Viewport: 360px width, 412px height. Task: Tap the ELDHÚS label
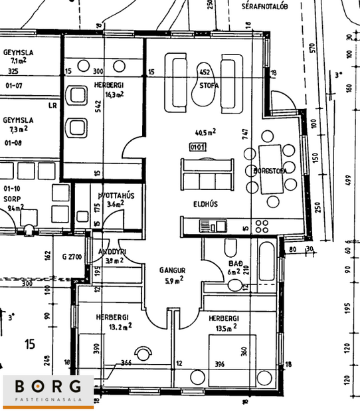click(206, 203)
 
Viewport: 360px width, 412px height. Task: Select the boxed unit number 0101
click(197, 147)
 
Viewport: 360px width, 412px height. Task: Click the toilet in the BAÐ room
click(230, 249)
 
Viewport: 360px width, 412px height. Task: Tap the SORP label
click(11, 199)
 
